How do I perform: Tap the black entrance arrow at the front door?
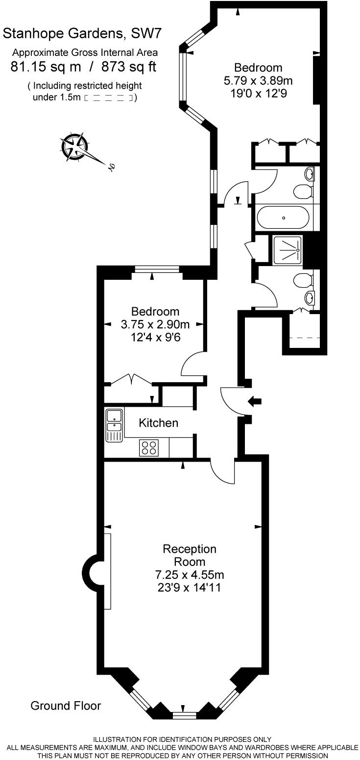(x=255, y=401)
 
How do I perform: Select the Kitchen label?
(x=158, y=423)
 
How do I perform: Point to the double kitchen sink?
(x=114, y=425)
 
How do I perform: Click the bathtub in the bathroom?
(x=283, y=218)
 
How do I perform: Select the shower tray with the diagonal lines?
(x=288, y=250)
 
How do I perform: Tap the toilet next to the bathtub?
(x=303, y=192)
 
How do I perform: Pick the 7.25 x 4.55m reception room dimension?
(x=190, y=575)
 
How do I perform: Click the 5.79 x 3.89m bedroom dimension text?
(x=258, y=80)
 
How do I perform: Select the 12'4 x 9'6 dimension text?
(x=156, y=338)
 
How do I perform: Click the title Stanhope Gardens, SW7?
(x=82, y=34)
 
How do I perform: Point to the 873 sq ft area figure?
(x=129, y=67)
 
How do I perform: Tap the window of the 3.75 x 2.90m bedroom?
(x=157, y=269)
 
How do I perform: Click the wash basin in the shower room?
(x=309, y=298)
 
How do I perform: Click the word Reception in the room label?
(x=190, y=549)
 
